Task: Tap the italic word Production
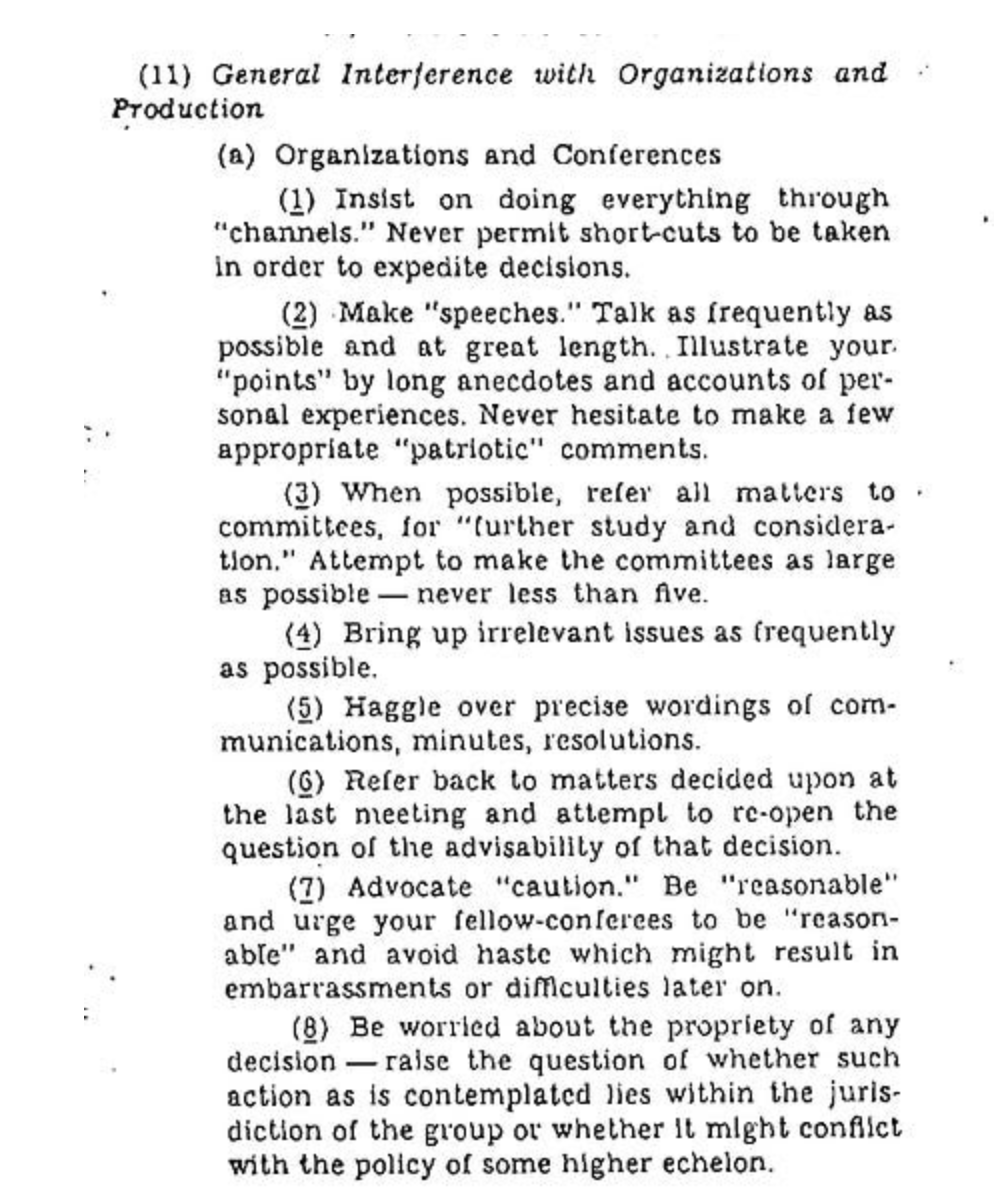[187, 109]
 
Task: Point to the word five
[679, 594]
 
